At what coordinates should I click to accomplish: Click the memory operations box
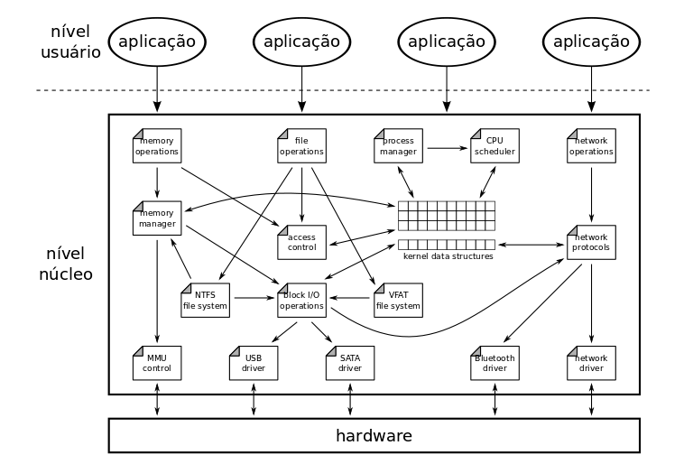tap(157, 146)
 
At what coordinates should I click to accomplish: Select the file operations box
tap(301, 146)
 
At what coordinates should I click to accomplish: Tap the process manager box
tap(398, 146)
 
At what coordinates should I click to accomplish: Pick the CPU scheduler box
tap(495, 146)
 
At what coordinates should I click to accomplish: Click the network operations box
tap(591, 146)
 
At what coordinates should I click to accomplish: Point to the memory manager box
tap(157, 218)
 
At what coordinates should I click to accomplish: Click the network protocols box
tap(591, 242)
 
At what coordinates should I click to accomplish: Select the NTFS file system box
tap(205, 300)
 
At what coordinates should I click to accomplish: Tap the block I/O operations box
tap(301, 300)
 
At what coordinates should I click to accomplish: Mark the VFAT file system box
tap(398, 300)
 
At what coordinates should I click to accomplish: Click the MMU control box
tap(157, 363)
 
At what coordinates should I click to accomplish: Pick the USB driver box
tap(254, 363)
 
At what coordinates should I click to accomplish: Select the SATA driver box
tap(349, 363)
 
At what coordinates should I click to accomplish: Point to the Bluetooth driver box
tap(495, 363)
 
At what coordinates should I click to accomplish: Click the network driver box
tap(591, 363)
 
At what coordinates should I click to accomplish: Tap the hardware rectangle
tap(374, 435)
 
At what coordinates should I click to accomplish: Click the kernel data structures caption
tap(448, 256)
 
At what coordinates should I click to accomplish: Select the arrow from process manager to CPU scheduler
tap(446, 146)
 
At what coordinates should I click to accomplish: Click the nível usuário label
tap(69, 42)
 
